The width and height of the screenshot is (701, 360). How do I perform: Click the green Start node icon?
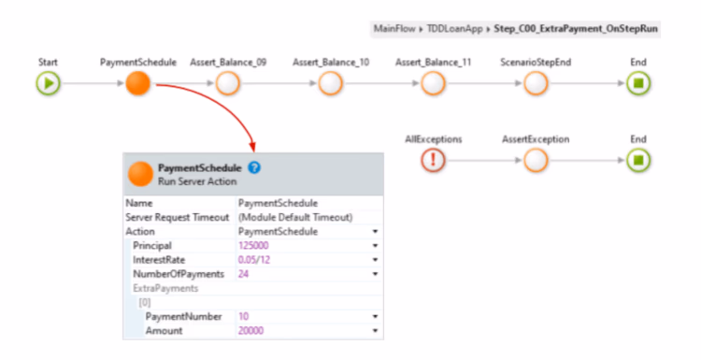[x=48, y=83]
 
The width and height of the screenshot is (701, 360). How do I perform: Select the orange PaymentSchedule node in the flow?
[x=138, y=83]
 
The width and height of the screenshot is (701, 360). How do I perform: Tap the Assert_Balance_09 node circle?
[x=227, y=83]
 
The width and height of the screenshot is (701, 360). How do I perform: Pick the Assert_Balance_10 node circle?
[x=329, y=83]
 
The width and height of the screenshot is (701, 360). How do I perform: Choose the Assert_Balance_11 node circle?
[x=432, y=83]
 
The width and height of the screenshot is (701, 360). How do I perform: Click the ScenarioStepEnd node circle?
[x=535, y=83]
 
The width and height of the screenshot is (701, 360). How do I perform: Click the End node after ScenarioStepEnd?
[x=638, y=83]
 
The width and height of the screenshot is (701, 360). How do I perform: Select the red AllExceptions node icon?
[x=433, y=160]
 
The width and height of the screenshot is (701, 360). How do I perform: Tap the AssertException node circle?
[x=535, y=160]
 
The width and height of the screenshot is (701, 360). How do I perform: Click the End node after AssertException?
[x=638, y=160]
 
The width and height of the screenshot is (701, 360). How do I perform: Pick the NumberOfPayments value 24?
[x=244, y=273]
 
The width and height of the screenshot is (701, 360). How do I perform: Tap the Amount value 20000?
[x=251, y=330]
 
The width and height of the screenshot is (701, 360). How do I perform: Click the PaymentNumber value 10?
[x=244, y=316]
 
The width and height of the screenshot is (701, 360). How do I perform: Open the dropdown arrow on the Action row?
[x=375, y=231]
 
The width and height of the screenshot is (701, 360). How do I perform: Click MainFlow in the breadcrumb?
[x=393, y=29]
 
